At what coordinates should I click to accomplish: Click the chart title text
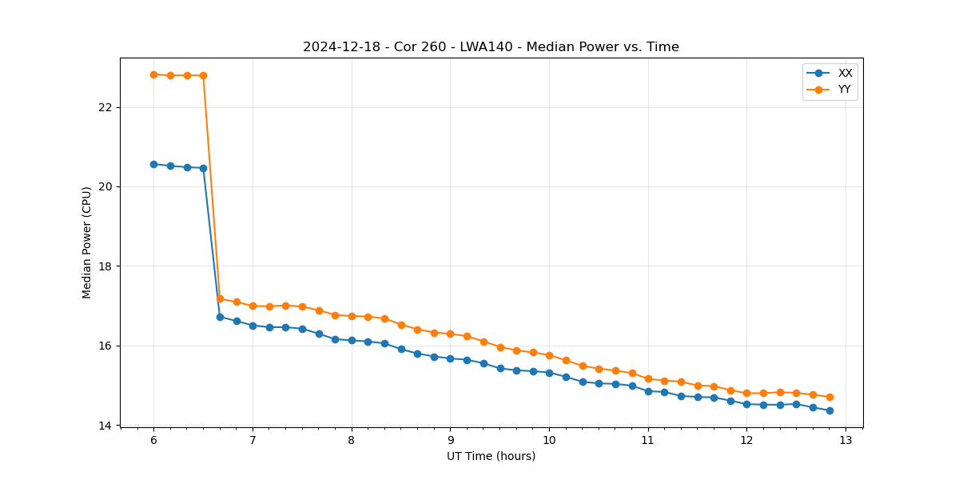[491, 47]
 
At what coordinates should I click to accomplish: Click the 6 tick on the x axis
[153, 439]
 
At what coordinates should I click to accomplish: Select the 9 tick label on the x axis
[450, 439]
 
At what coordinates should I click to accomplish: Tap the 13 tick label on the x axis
[846, 439]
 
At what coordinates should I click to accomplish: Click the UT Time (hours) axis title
[491, 456]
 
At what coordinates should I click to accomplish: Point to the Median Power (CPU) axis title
[87, 242]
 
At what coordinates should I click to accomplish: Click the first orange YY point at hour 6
[153, 74]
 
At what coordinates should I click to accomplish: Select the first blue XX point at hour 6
[153, 164]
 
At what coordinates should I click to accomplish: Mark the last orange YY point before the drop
[203, 75]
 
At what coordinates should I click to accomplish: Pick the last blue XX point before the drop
[203, 168]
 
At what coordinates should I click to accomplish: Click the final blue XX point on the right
[830, 410]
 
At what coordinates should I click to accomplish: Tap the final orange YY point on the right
[830, 397]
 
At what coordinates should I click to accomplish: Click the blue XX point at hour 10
[549, 373]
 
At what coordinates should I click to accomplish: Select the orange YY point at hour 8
[352, 316]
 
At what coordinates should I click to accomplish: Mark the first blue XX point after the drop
[220, 317]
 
